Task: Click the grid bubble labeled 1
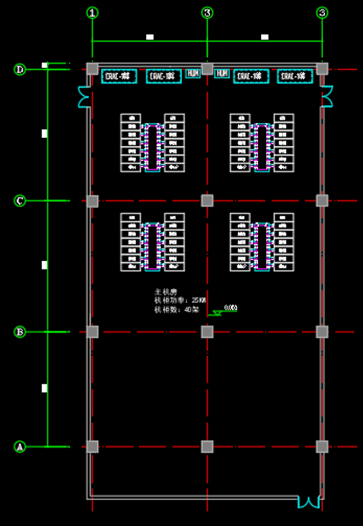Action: [93, 13]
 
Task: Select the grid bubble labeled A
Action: [20, 447]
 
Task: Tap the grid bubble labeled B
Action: [20, 332]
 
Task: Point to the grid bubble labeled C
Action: [20, 201]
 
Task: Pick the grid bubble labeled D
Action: [20, 70]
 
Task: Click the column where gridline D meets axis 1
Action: [93, 69]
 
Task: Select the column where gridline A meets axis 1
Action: [93, 447]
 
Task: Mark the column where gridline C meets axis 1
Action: [93, 201]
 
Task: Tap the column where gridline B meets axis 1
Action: [93, 332]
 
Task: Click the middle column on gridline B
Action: [207, 332]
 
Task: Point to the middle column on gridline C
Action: [207, 201]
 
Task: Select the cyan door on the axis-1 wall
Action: [84, 96]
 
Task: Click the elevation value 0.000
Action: [230, 307]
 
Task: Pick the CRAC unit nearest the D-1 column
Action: [119, 76]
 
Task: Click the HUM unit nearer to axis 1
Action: [192, 73]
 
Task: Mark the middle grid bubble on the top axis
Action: [207, 13]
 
